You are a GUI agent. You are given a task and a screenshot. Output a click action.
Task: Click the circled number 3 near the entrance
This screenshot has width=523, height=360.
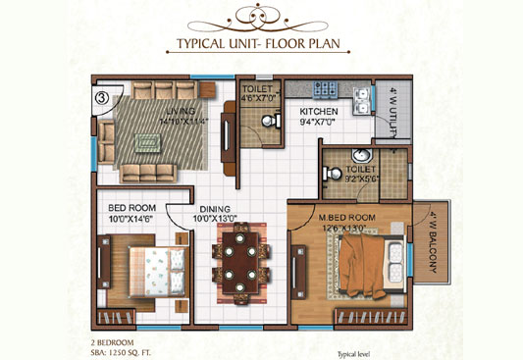click(103, 97)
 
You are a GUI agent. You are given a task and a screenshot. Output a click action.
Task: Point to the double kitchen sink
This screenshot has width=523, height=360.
click(361, 95)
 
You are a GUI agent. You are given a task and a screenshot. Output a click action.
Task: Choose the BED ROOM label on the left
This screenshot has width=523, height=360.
click(130, 208)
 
